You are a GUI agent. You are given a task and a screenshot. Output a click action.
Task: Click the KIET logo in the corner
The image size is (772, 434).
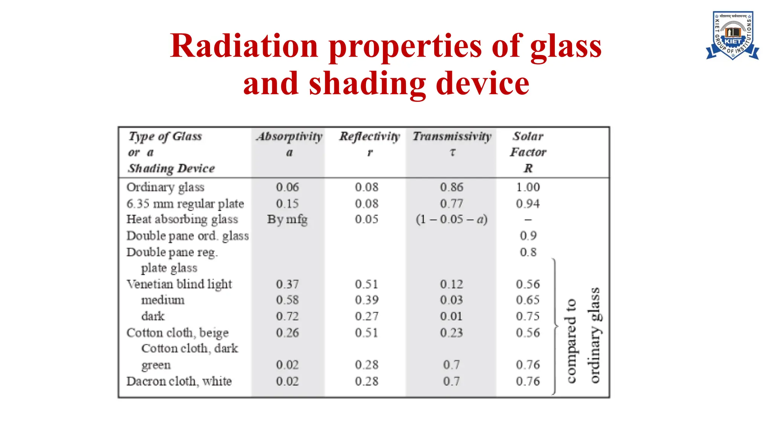[x=732, y=36]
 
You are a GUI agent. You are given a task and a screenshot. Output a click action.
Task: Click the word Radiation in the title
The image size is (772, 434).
[x=244, y=46]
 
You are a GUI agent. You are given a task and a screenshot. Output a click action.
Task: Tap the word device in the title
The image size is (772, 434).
[x=482, y=84]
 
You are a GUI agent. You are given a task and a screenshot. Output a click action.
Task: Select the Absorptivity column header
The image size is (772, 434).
[x=289, y=136]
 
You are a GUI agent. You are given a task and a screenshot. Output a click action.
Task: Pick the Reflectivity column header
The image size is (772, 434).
[x=369, y=136]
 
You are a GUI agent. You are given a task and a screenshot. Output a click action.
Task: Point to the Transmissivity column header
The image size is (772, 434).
[x=452, y=136]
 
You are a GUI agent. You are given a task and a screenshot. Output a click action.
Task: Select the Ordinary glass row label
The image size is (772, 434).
[x=165, y=187]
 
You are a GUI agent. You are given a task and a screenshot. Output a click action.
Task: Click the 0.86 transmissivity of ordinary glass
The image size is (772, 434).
[x=452, y=187]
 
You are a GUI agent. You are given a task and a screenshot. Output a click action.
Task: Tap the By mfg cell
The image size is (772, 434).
[x=287, y=219]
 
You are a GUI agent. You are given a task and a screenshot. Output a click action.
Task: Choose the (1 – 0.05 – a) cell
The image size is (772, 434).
[x=452, y=219]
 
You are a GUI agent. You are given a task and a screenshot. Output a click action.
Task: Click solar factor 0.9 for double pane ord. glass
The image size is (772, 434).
[x=528, y=236]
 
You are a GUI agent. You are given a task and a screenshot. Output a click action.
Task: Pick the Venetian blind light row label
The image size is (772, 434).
[x=179, y=284]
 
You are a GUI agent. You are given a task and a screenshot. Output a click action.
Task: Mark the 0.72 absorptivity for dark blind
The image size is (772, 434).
[x=287, y=316]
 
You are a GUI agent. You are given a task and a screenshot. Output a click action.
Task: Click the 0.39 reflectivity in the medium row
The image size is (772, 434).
[x=366, y=300]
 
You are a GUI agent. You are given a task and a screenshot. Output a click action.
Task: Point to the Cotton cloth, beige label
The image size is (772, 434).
[x=177, y=333]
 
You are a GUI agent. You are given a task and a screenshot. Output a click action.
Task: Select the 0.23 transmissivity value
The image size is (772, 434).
[x=452, y=333]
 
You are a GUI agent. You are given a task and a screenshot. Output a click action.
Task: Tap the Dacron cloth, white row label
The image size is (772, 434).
[x=179, y=381]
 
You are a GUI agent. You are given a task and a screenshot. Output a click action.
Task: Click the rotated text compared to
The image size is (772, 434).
[x=571, y=341]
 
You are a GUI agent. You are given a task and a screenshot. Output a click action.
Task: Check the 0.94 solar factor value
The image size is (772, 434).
[x=528, y=204]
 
